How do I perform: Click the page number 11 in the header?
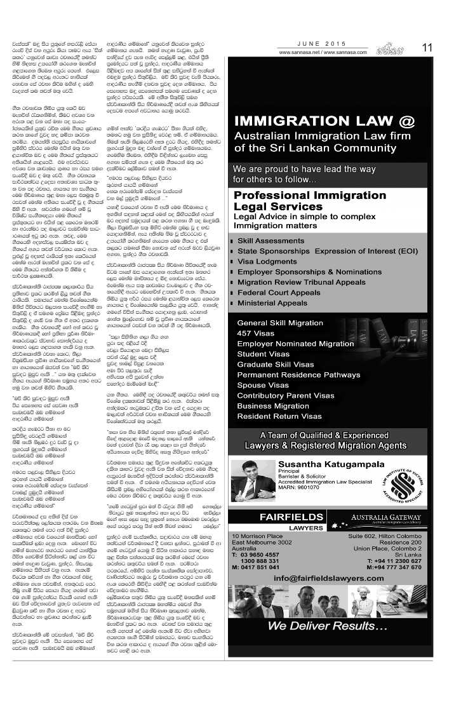tap(429, 47)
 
